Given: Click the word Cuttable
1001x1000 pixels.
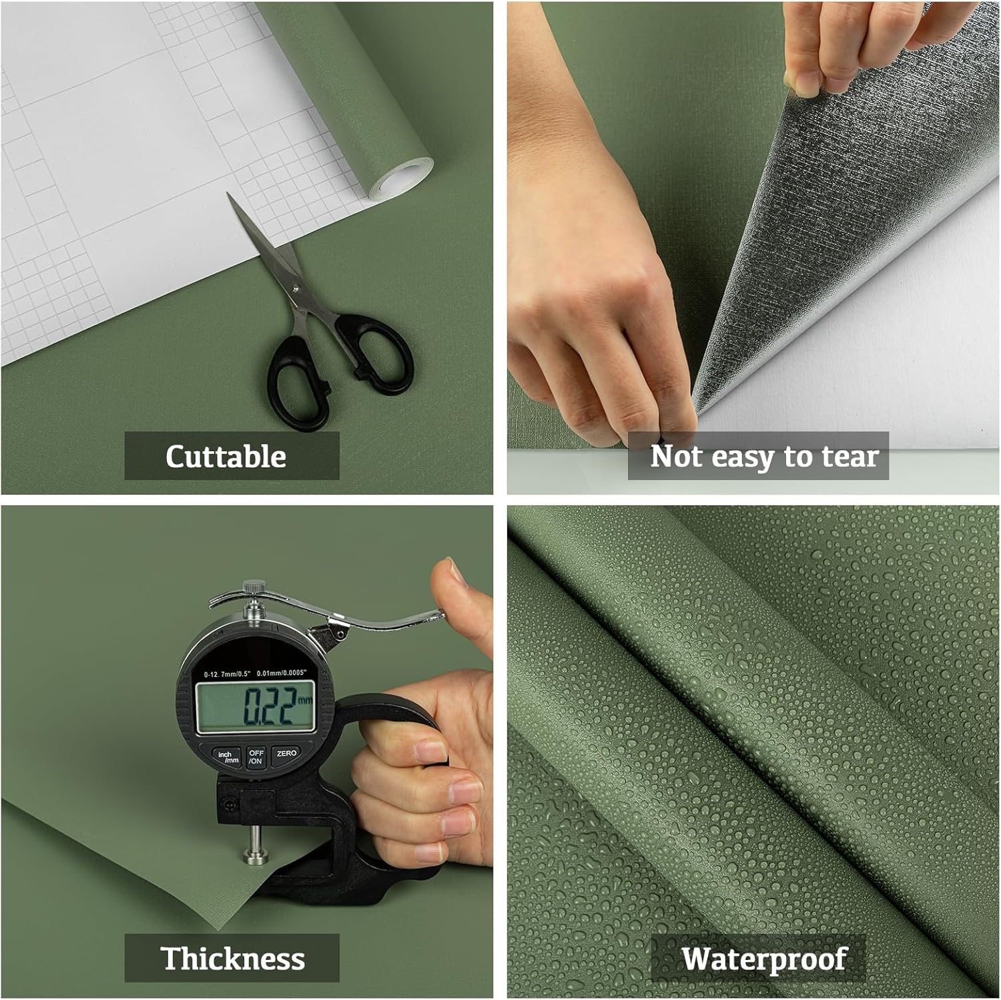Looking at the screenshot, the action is [x=226, y=457].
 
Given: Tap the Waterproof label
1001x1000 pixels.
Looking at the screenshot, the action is [x=764, y=959].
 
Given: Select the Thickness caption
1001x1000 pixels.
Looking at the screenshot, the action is [x=233, y=959].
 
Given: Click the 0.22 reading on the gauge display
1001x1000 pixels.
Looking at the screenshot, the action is [x=269, y=706].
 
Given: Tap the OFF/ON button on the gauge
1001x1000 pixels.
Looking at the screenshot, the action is [x=256, y=756].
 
